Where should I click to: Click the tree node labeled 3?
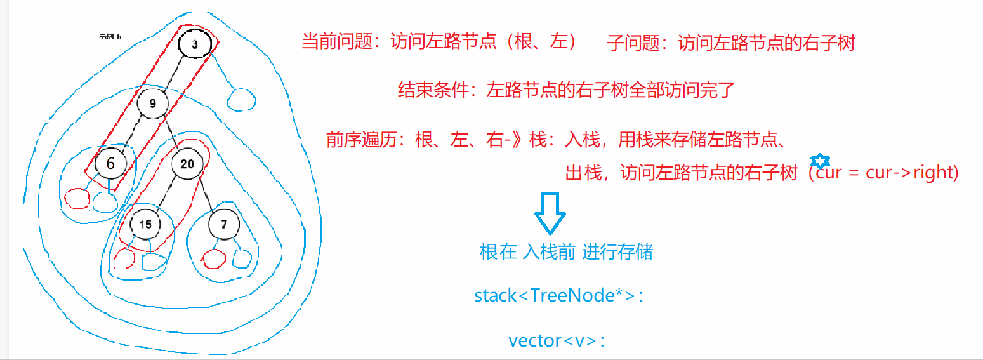coord(195,44)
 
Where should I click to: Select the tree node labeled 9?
coord(152,103)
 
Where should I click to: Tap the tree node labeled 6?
coord(110,164)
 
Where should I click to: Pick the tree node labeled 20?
coord(187,164)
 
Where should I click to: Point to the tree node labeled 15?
coord(145,224)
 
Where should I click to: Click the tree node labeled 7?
coord(223,224)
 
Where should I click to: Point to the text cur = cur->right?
coord(886,172)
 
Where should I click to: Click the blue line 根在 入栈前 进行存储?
coord(566,252)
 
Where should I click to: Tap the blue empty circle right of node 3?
coord(241,99)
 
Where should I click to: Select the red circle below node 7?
coord(214,258)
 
